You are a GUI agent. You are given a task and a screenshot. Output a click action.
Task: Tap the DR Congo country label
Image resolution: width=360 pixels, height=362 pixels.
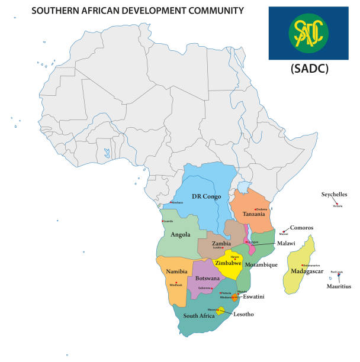(207, 196)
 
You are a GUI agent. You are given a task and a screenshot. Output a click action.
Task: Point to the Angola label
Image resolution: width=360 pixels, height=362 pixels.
(180, 234)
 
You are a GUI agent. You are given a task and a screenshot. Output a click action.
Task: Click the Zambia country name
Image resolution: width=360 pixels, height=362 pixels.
(221, 243)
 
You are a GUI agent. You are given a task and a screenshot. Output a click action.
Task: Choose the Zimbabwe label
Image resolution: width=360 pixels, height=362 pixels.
(228, 263)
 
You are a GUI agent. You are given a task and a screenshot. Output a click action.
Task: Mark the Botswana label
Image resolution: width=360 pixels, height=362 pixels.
(207, 277)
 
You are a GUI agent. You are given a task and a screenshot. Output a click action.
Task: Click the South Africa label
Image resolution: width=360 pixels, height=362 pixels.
(198, 315)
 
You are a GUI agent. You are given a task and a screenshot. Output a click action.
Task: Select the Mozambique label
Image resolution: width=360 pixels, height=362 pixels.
(261, 264)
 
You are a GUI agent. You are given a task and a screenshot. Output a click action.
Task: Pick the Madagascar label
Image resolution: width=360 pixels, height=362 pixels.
(307, 271)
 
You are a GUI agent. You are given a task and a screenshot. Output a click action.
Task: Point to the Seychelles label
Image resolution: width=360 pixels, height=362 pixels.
(334, 194)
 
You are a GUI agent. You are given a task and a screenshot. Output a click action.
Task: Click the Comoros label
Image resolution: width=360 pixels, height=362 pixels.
(301, 227)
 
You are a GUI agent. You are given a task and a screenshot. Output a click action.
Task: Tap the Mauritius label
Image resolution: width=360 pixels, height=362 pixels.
(339, 286)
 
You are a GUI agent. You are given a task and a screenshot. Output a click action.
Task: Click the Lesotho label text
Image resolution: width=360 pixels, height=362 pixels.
(243, 314)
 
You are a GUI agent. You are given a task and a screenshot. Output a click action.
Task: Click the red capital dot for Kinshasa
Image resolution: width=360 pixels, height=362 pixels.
(171, 203)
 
